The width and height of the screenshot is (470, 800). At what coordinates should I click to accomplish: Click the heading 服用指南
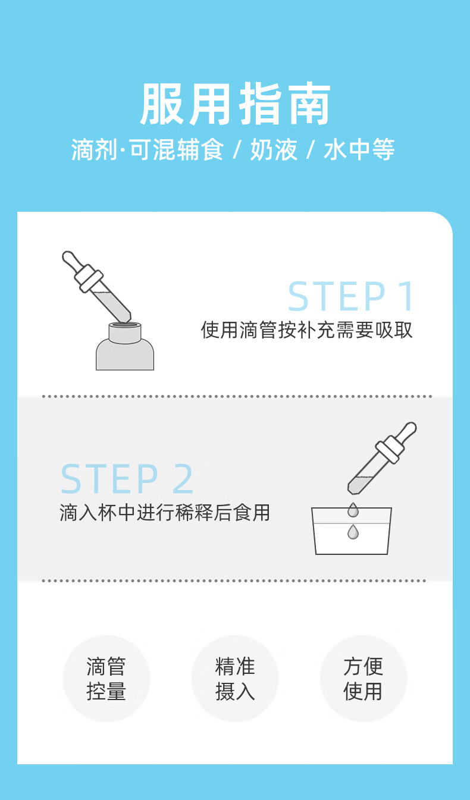(235, 103)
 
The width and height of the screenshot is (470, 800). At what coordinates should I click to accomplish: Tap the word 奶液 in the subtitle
(274, 149)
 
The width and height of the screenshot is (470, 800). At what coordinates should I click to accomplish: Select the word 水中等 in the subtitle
(359, 149)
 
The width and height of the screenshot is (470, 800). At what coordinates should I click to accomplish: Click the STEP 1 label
(350, 296)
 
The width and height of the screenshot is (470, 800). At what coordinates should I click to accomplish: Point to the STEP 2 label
(127, 479)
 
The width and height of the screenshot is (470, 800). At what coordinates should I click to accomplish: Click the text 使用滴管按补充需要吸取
(306, 330)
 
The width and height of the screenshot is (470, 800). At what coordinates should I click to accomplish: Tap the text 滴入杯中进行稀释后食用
(165, 513)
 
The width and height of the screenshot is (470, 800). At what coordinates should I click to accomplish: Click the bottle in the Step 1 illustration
(125, 346)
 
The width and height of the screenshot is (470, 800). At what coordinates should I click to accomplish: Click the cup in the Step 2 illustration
(352, 531)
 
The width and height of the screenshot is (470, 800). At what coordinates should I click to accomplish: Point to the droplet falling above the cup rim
(353, 510)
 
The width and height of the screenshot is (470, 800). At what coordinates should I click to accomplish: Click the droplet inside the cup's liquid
(353, 532)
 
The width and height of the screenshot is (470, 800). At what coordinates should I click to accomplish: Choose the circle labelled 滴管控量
(106, 679)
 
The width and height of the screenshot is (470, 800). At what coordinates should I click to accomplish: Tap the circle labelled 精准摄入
(235, 679)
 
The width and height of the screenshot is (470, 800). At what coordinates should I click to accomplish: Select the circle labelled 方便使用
(364, 679)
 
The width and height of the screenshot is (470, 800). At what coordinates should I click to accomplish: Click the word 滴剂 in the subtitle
(94, 149)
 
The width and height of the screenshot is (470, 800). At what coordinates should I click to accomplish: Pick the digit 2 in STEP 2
(183, 479)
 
